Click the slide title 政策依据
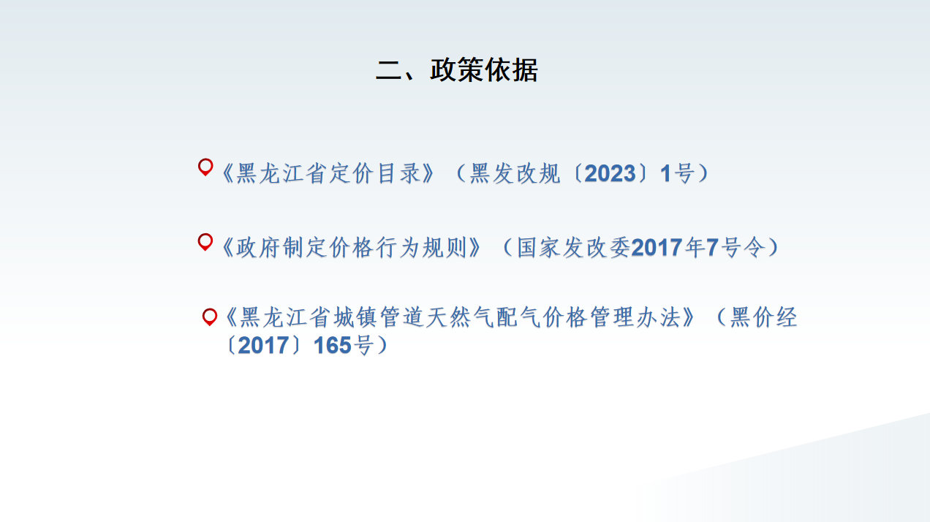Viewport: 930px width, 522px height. [484, 69]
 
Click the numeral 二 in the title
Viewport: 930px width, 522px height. [388, 69]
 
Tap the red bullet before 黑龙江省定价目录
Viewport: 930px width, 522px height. [205, 167]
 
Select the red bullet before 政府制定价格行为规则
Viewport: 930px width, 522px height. [205, 242]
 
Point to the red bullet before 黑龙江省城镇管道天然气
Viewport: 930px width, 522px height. [210, 317]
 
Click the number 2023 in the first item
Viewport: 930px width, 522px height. [610, 173]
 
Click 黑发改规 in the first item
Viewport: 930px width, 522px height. [515, 173]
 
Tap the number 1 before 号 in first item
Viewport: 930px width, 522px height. [665, 173]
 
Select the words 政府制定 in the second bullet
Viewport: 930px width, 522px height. [282, 248]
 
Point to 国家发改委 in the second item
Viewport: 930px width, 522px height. [574, 248]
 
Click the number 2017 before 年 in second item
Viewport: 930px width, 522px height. [657, 248]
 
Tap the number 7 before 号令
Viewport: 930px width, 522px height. [712, 248]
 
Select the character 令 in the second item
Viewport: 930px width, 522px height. [754, 248]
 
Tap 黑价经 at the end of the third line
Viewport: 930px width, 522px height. [763, 318]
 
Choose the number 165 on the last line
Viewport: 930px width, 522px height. [333, 346]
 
